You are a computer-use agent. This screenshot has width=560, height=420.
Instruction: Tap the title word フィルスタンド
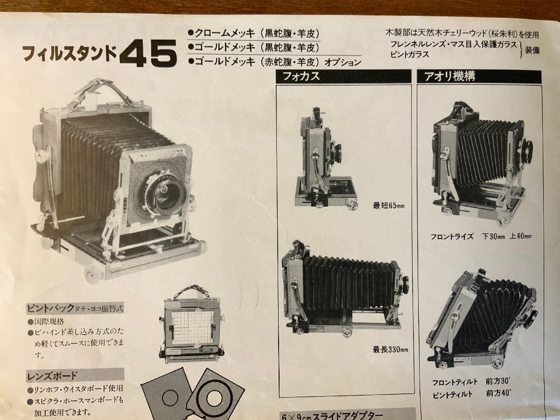pyautogui.click(x=70, y=54)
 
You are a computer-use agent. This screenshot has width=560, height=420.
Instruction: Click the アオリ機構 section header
pyautogui.click(x=449, y=77)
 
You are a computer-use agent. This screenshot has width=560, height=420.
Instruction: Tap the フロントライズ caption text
pyautogui.click(x=452, y=236)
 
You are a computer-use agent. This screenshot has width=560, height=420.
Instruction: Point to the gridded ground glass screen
pyautogui.click(x=191, y=326)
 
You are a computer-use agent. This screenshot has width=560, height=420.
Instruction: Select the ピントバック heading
pyautogui.click(x=75, y=308)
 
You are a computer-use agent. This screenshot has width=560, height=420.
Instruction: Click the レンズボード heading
pyautogui.click(x=52, y=376)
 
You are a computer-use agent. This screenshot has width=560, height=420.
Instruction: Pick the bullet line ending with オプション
pyautogui.click(x=274, y=61)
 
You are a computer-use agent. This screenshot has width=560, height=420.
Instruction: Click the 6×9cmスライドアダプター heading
pyautogui.click(x=332, y=414)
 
